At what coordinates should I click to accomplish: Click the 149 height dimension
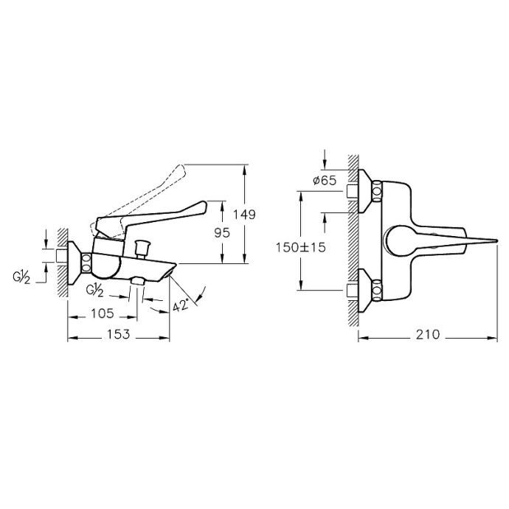[x=244, y=215]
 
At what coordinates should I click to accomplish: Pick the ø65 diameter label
[x=325, y=180]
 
